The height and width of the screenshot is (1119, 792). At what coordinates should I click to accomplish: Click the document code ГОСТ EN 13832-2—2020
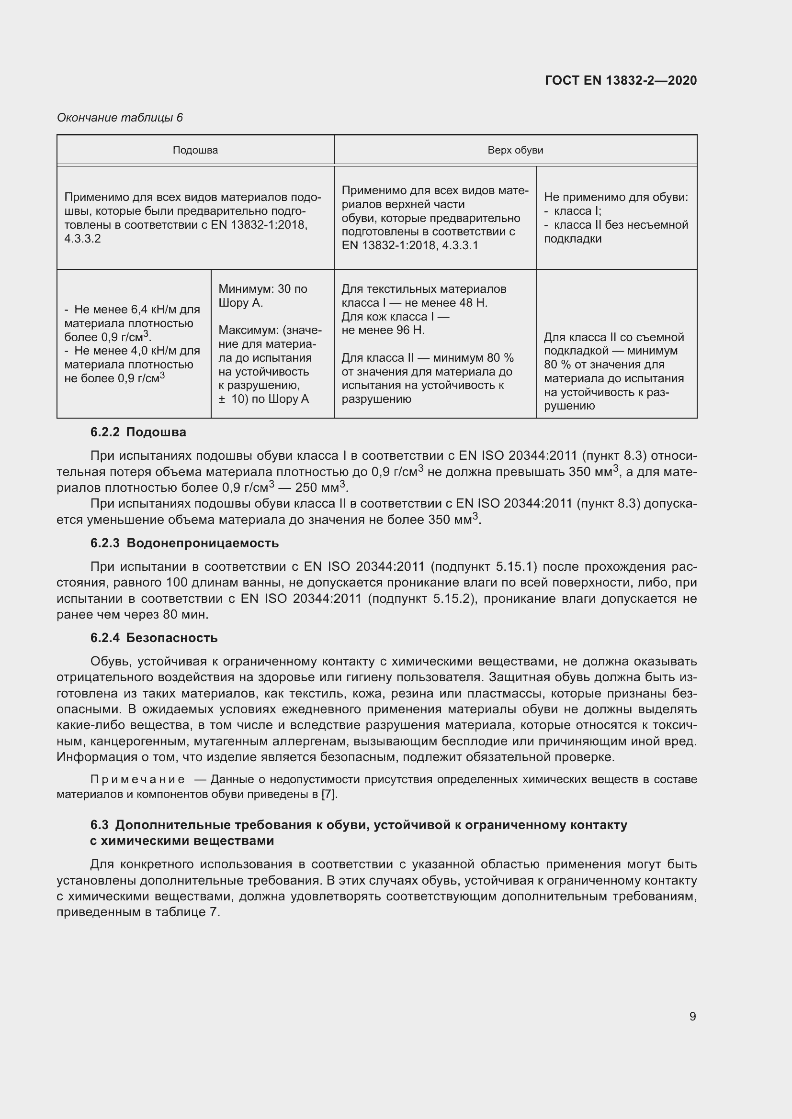(620, 80)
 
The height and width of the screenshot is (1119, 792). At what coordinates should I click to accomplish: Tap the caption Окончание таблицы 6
(120, 118)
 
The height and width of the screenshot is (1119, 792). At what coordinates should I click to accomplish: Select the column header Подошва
(195, 150)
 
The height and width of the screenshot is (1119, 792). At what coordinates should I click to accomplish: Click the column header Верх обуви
(515, 150)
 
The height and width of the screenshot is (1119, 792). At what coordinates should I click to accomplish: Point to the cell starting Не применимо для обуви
(615, 198)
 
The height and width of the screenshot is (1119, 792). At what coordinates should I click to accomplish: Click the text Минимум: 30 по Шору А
(262, 296)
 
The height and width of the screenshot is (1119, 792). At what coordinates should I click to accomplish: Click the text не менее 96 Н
(384, 330)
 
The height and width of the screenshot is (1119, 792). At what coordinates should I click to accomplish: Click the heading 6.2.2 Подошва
(138, 432)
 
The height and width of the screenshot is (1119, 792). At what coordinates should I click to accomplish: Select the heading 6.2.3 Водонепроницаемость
(184, 543)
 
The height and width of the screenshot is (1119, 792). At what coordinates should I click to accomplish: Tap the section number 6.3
(100, 825)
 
